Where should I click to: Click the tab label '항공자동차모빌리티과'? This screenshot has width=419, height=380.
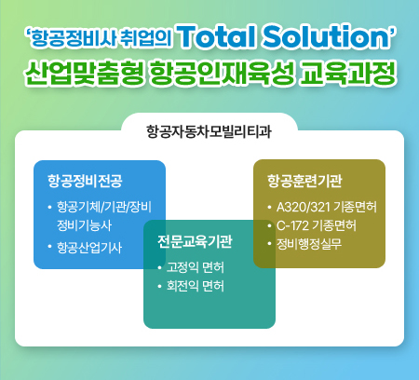click(x=209, y=131)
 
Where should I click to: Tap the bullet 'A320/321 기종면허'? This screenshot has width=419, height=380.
click(x=326, y=206)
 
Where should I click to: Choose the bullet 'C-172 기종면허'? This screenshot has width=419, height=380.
click(x=322, y=225)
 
